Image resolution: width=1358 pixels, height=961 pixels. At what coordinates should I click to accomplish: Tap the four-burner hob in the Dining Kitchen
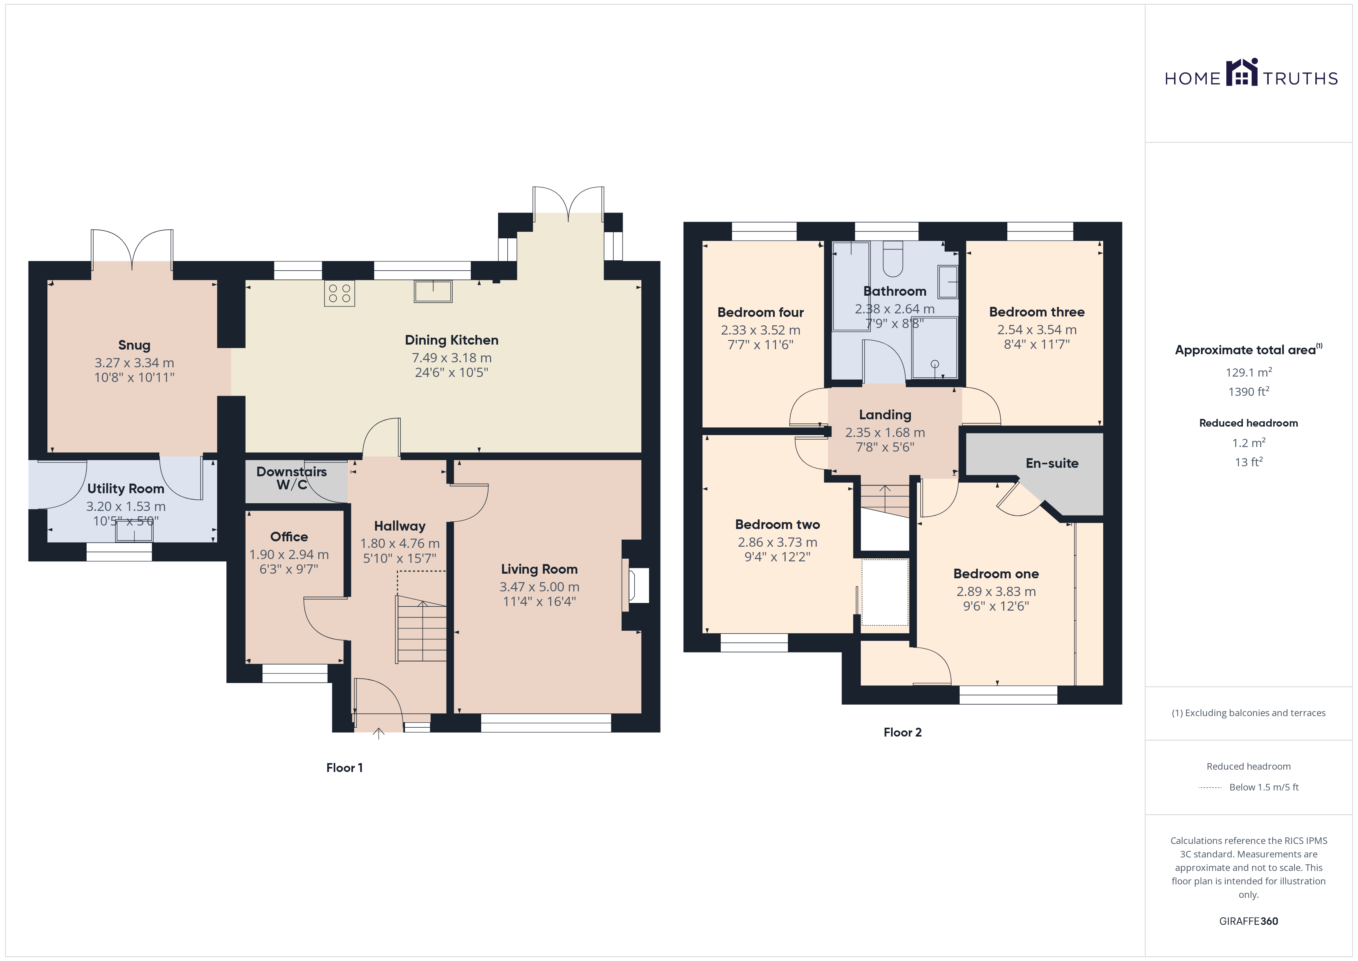click(339, 293)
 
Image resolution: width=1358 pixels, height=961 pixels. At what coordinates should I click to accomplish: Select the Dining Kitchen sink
click(433, 291)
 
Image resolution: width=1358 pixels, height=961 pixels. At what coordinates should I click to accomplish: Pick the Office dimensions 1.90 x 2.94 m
click(289, 554)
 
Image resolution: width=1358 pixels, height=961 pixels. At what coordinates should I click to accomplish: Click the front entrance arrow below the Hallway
click(378, 734)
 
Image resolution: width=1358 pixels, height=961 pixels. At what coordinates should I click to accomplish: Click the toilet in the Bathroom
click(893, 259)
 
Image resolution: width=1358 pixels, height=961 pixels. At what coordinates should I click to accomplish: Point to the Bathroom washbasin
click(948, 282)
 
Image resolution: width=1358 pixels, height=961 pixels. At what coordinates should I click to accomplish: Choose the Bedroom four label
click(761, 313)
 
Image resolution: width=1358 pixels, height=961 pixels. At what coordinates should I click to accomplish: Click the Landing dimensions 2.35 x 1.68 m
click(885, 433)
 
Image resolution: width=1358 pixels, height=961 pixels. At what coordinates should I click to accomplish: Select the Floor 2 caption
click(903, 733)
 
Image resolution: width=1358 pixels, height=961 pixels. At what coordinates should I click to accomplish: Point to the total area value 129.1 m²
click(1249, 372)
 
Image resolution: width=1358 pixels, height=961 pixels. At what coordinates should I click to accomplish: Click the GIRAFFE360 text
click(1249, 921)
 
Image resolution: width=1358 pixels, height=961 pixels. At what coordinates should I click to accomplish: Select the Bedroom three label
click(1037, 312)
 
